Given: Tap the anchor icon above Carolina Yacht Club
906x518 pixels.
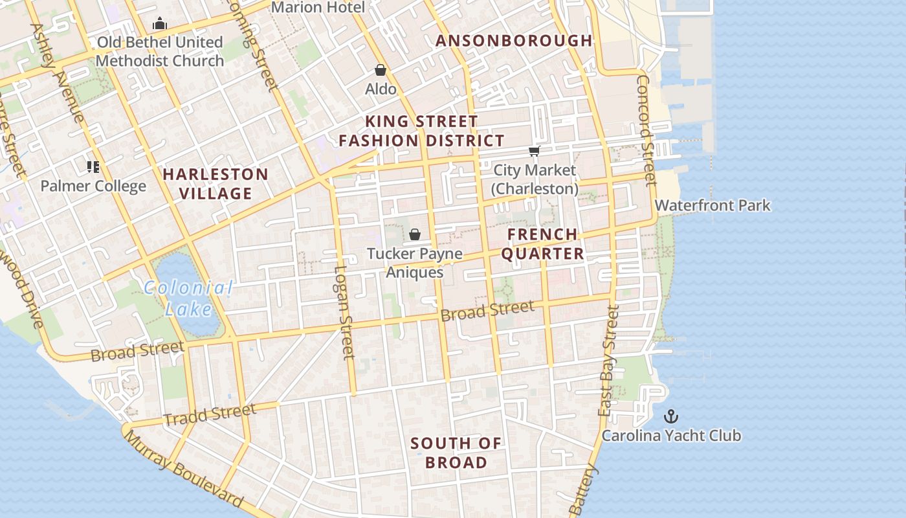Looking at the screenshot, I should point(671,416).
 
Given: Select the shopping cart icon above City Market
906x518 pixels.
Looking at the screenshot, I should point(534,152).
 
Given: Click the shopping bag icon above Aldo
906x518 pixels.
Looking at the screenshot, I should point(381,70).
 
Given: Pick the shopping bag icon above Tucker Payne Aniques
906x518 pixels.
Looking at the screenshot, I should point(415,234).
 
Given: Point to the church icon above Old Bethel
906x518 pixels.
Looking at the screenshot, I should point(160,25).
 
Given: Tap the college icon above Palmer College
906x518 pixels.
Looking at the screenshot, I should point(93,167).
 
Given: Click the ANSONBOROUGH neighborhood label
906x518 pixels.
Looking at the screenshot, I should point(514,41).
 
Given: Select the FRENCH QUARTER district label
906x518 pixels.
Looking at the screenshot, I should point(542,244).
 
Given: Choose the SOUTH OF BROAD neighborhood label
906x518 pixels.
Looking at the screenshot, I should point(456,453).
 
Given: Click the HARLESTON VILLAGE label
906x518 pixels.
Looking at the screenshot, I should point(215,183).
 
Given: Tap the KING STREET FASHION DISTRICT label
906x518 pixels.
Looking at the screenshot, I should point(421,131).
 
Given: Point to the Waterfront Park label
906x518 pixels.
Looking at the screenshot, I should point(713,206).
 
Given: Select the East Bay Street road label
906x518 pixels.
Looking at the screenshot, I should point(609,360).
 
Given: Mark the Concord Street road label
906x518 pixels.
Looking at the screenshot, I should point(646,130).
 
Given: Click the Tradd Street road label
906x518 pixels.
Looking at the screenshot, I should point(210,414).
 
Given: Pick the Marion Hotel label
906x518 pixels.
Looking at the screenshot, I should point(318,8).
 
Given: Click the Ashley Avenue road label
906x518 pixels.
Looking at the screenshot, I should point(58,73).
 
